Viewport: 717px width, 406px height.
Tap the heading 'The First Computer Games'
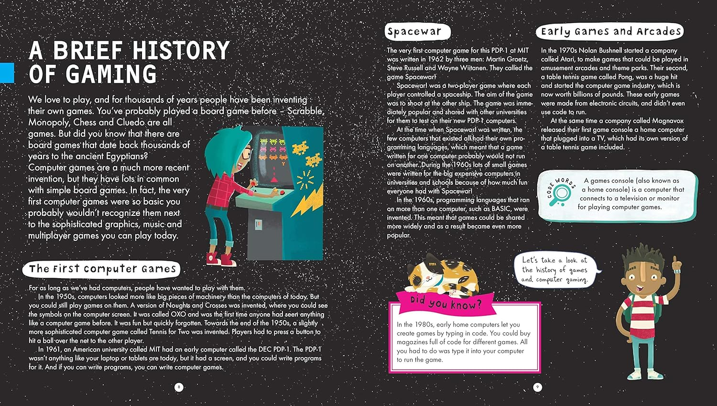click(x=102, y=269)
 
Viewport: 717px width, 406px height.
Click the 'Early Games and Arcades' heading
click(x=610, y=32)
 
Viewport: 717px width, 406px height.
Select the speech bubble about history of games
click(x=554, y=270)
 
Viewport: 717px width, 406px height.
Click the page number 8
click(x=179, y=387)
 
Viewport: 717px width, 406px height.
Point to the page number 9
click(x=537, y=387)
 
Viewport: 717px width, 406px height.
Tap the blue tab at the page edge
click(x=7, y=72)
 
